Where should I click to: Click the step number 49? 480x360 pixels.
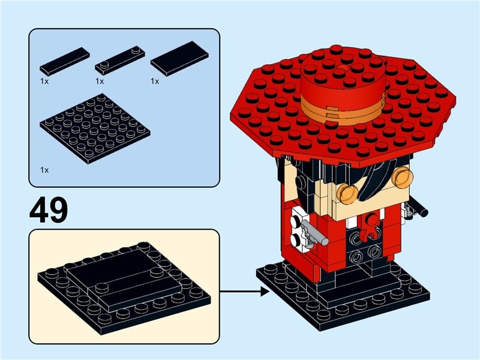click(x=49, y=209)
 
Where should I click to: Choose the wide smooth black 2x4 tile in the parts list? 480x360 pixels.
click(x=180, y=58)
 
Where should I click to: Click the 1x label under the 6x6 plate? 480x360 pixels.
click(x=44, y=170)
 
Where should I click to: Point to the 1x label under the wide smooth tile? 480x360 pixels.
click(x=155, y=81)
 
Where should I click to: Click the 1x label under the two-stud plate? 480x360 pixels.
click(x=100, y=81)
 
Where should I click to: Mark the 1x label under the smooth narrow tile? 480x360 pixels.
click(x=44, y=81)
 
